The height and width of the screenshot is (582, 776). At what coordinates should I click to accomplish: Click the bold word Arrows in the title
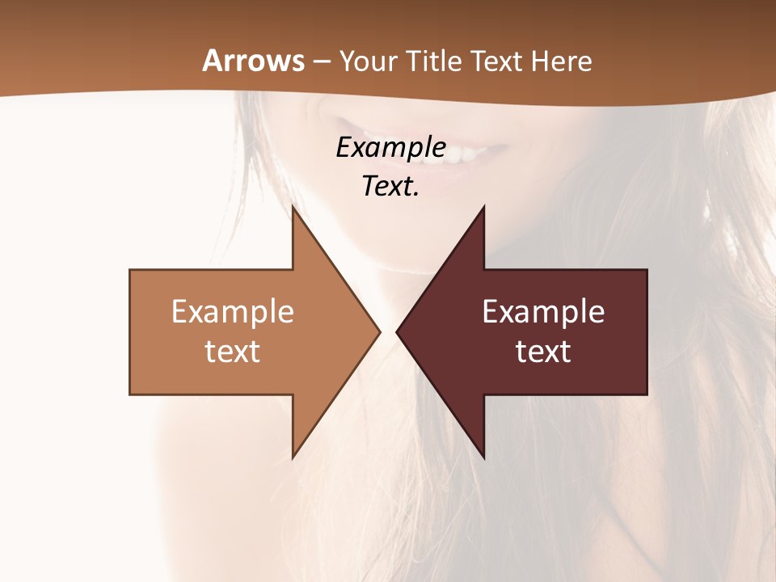[x=253, y=61]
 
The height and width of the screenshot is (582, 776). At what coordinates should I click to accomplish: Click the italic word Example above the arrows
[x=390, y=147]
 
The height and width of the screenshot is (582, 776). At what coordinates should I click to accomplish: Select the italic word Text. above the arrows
[x=390, y=186]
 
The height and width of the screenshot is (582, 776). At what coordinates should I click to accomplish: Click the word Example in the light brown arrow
[x=233, y=312]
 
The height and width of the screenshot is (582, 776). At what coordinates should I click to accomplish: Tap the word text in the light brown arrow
[x=233, y=351]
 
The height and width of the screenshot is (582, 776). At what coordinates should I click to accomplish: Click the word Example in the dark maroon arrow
[x=543, y=312]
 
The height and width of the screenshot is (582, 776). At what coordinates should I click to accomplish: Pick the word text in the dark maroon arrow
[x=543, y=351]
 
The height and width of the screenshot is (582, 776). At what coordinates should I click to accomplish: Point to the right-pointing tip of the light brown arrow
[x=377, y=331]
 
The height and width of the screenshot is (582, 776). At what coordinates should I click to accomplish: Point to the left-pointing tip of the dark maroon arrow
[x=399, y=331]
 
